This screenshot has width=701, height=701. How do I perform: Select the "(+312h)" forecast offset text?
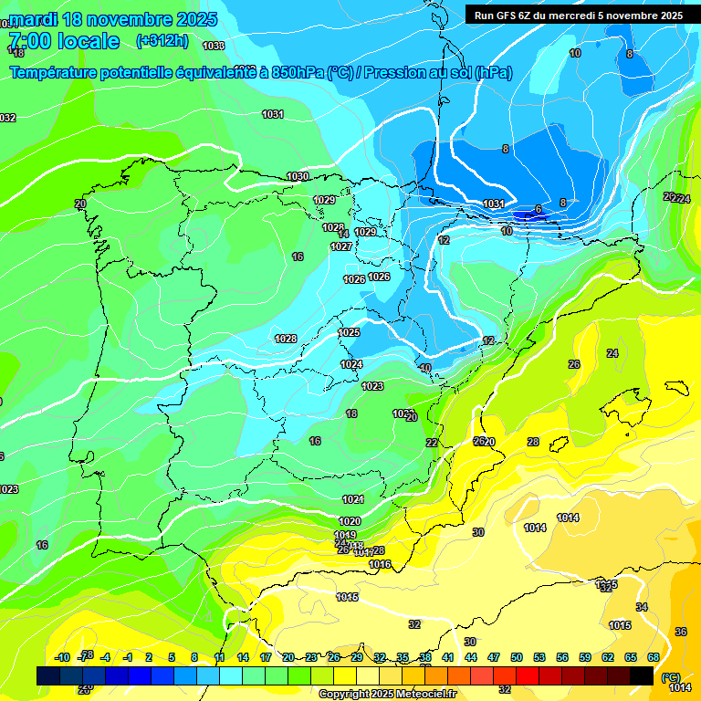(x=162, y=41)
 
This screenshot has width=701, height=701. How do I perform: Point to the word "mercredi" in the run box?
(x=566, y=16)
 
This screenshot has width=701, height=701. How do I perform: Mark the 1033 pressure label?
(x=214, y=46)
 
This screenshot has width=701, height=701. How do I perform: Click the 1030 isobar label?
(x=298, y=176)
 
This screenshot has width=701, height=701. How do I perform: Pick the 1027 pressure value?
(x=341, y=246)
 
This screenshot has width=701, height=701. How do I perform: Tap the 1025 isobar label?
(x=349, y=332)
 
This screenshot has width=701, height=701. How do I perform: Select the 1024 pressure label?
(x=351, y=364)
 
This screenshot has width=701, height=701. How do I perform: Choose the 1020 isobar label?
(x=350, y=521)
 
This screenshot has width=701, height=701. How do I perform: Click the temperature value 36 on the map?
(x=680, y=632)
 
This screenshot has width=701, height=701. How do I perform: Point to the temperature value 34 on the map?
(x=642, y=607)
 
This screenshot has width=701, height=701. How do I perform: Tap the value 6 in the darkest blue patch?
(x=539, y=209)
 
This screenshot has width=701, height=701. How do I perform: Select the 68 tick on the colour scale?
(x=654, y=657)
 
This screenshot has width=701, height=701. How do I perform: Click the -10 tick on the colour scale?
(x=63, y=657)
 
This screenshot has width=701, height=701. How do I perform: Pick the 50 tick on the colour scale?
(x=517, y=657)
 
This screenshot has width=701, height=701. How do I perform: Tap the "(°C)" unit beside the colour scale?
(x=671, y=677)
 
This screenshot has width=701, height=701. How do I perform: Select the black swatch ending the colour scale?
(x=642, y=675)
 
